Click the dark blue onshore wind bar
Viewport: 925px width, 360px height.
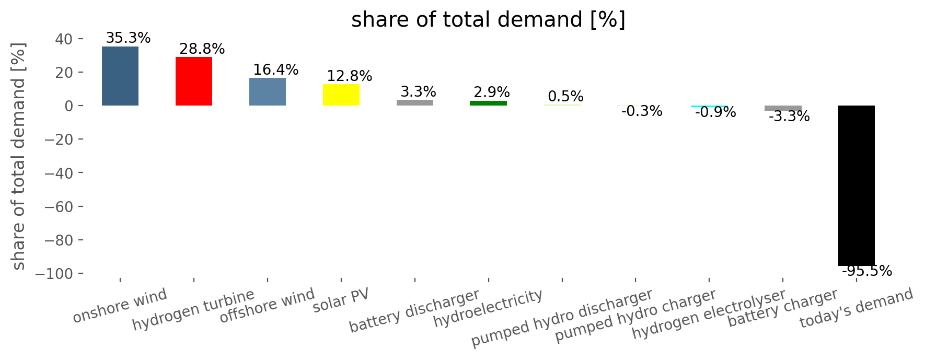[x=120, y=76]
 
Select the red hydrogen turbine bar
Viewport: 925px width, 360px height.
[x=194, y=81]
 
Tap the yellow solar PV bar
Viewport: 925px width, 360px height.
[x=341, y=95]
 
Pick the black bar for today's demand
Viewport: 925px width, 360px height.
[x=857, y=185]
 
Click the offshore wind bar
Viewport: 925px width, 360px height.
[x=268, y=91]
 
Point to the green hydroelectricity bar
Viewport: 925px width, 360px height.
[x=489, y=103]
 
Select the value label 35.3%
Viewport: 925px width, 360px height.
[x=128, y=38]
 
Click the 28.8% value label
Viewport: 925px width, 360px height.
[x=202, y=49]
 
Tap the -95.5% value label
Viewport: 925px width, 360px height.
[x=867, y=271]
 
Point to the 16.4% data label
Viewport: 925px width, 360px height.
[x=276, y=70]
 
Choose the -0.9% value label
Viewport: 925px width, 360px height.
[x=715, y=112]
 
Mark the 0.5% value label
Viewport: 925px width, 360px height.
[x=566, y=97]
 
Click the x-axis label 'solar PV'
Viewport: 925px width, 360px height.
[x=341, y=301]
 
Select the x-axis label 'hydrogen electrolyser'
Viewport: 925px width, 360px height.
[x=709, y=314]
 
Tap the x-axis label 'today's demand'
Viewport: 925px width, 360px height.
[x=857, y=308]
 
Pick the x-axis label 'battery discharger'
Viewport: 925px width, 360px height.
[x=414, y=311]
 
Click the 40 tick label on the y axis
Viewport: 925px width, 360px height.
[x=65, y=39]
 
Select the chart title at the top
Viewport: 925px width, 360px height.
[x=488, y=20]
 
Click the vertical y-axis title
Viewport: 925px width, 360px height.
[x=18, y=156]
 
